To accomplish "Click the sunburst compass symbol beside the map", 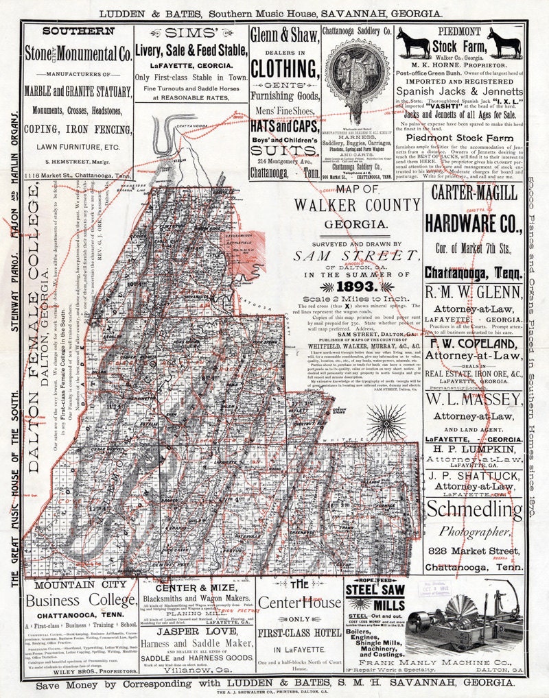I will click(383, 418).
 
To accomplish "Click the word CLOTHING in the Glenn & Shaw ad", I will click(285, 69).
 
